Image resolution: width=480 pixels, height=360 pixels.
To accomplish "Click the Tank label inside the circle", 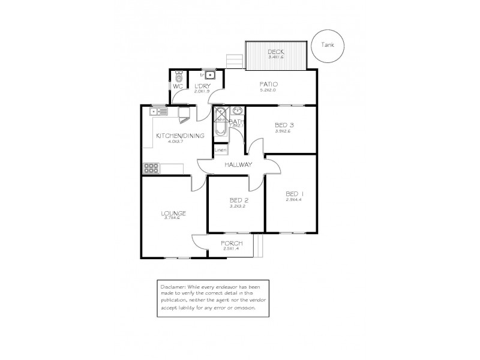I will [x=328, y=44].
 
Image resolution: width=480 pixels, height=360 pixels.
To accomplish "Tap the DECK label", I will [x=276, y=52].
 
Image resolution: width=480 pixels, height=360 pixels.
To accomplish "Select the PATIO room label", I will [x=268, y=84].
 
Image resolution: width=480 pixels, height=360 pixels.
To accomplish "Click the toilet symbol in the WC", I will [x=178, y=77].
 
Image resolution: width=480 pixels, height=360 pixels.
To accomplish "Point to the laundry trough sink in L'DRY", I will [x=210, y=76].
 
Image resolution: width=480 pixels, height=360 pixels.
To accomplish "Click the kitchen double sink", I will [x=160, y=110].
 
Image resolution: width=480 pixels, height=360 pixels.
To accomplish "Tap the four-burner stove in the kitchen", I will [x=151, y=168].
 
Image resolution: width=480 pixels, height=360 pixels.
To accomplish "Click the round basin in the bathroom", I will [x=237, y=110].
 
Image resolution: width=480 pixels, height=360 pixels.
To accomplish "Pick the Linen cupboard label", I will [x=220, y=150].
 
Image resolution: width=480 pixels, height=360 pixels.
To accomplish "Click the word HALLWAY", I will [x=238, y=164].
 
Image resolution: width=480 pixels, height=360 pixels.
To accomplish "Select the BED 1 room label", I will [x=295, y=193].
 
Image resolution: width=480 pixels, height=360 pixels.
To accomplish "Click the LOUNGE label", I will [x=172, y=213].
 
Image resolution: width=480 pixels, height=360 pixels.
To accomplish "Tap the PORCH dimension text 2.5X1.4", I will [x=231, y=248].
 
